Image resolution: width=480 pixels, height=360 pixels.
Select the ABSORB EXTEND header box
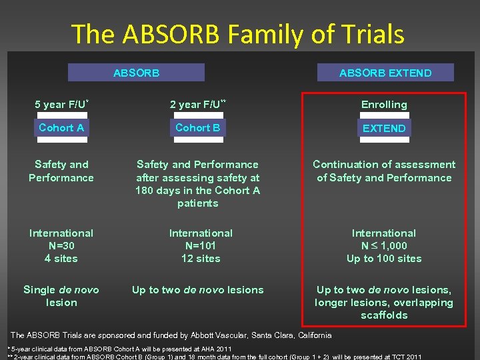pyautogui.click(x=385, y=73)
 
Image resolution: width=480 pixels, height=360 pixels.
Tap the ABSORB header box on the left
pyautogui.click(x=137, y=73)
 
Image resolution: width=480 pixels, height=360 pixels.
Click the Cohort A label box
pyautogui.click(x=61, y=127)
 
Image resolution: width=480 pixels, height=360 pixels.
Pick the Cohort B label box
pyautogui.click(x=197, y=127)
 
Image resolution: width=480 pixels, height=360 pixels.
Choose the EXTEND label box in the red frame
pyautogui.click(x=384, y=128)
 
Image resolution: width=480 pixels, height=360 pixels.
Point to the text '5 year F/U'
pyautogui.click(x=59, y=105)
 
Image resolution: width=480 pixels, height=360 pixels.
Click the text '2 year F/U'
pyautogui.click(x=195, y=105)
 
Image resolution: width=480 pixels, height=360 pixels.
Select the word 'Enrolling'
pyautogui.click(x=384, y=105)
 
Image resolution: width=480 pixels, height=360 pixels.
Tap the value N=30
pyautogui.click(x=61, y=246)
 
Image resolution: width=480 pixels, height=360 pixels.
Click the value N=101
pyautogui.click(x=201, y=246)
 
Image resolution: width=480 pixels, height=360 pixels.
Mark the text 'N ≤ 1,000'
pyautogui.click(x=384, y=246)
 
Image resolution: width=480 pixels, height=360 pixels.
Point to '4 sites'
pyautogui.click(x=61, y=259)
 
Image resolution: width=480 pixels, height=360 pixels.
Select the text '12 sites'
pyautogui.click(x=201, y=259)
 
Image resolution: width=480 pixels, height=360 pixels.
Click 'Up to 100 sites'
pyautogui.click(x=384, y=259)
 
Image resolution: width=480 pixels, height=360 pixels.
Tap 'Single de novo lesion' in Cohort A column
pyautogui.click(x=61, y=296)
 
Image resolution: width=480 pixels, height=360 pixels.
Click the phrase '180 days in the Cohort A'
pyautogui.click(x=198, y=191)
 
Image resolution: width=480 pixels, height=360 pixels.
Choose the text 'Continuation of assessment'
pyautogui.click(x=384, y=165)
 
